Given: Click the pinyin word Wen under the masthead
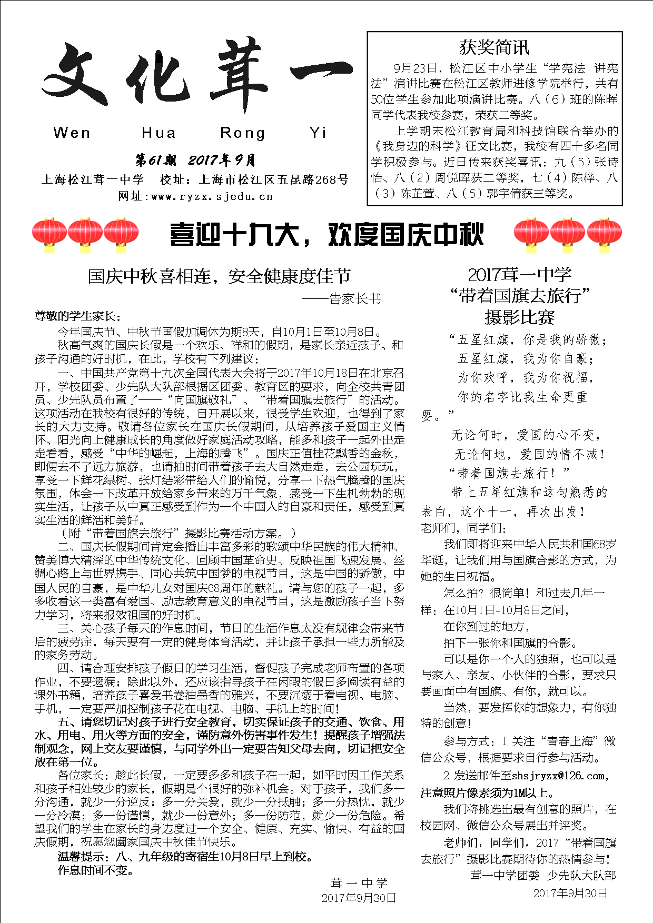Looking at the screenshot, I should coord(72,133).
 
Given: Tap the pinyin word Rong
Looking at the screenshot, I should coord(242,133).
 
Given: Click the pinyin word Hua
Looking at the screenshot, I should coord(159,133).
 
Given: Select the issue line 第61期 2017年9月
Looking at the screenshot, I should coord(195,160).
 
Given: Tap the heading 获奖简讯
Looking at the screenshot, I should coord(494,47).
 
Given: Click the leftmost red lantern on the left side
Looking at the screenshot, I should coord(49,235).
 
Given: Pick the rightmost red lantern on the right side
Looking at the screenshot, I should coord(604,235).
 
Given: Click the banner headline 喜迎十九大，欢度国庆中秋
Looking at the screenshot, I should coord(326,235).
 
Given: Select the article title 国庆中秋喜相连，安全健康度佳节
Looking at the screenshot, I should coord(219,276).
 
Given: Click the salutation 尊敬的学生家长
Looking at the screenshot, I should coord(77,316).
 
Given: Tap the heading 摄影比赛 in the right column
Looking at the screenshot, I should coord(519,317).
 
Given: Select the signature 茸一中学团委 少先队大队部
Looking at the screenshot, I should coord(542,876).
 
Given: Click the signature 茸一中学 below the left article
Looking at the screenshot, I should coord(359,883).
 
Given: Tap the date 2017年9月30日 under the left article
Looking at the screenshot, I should coord(359,898).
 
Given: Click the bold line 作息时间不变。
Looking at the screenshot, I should coord(95,870).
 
